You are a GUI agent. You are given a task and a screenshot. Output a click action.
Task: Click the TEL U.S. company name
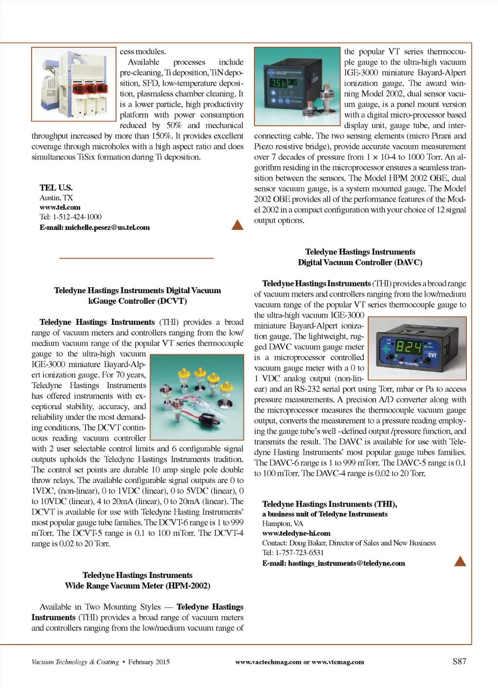coord(56,187)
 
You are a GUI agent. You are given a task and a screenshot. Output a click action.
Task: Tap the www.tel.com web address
coord(60,207)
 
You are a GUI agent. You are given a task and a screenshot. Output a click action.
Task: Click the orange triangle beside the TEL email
coord(237,225)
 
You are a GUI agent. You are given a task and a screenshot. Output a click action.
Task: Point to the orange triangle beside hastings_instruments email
coord(460,561)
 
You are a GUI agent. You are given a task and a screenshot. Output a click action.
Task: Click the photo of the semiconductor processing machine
coord(74,84)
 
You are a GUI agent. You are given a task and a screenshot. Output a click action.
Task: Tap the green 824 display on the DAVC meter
coord(409,347)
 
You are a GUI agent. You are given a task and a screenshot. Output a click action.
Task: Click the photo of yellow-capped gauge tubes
coord(197,397)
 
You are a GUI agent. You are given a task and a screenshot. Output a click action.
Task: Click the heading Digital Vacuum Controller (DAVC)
coord(360,262)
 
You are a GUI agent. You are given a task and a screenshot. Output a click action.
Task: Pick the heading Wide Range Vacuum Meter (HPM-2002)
coord(138,586)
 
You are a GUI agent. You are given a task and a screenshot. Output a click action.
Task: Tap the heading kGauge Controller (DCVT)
coord(138,301)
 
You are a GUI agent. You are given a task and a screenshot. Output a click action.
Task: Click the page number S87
coord(459,661)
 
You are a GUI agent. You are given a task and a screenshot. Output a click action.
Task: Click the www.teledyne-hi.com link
coord(296,533)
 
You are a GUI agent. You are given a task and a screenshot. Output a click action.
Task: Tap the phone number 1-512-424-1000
coord(77,217)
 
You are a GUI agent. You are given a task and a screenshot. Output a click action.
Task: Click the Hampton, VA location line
coord(283,523)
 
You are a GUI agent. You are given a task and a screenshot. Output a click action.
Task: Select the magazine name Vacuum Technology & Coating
coord(75,662)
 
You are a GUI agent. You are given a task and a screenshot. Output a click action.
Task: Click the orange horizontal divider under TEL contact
coord(137,258)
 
